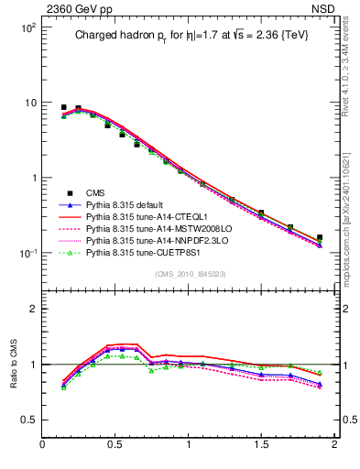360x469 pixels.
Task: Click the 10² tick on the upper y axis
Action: click(27, 27)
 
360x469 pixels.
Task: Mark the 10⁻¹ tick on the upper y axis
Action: click(27, 253)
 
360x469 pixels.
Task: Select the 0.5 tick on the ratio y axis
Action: click(28, 420)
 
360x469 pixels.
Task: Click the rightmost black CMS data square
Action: click(320, 237)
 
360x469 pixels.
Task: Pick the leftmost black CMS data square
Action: click(64, 107)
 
